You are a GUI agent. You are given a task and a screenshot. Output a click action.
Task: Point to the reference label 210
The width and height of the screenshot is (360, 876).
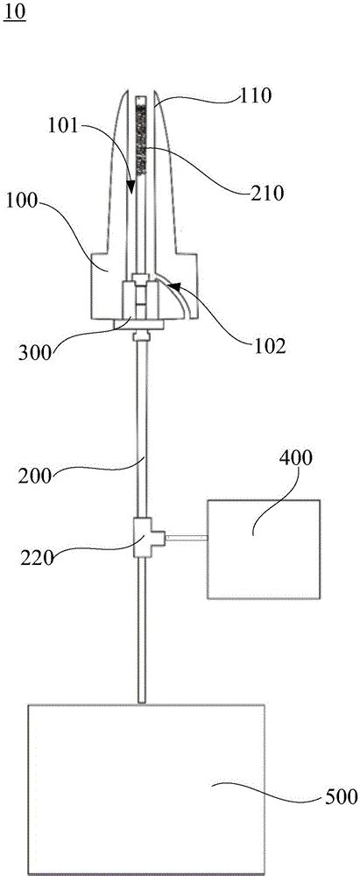(268, 193)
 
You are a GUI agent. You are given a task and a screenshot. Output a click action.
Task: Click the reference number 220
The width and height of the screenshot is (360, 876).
(38, 557)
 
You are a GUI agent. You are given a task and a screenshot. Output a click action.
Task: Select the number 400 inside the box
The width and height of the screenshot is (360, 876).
(296, 458)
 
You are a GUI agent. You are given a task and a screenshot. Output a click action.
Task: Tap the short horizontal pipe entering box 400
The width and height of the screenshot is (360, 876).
(187, 538)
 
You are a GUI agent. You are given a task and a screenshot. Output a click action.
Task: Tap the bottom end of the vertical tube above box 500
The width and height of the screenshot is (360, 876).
(142, 701)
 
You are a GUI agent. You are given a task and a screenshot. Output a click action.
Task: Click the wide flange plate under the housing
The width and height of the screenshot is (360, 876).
(138, 324)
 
